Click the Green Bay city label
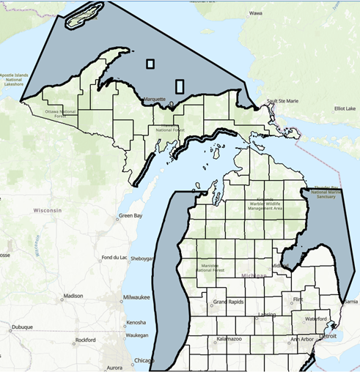click(x=131, y=217)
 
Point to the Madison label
click(x=73, y=296)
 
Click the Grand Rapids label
click(x=229, y=302)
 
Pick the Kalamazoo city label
click(x=231, y=340)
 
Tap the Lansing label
click(x=266, y=316)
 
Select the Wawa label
click(x=255, y=13)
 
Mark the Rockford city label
click(x=84, y=340)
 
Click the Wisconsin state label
click(x=47, y=210)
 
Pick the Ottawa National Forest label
click(x=56, y=114)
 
